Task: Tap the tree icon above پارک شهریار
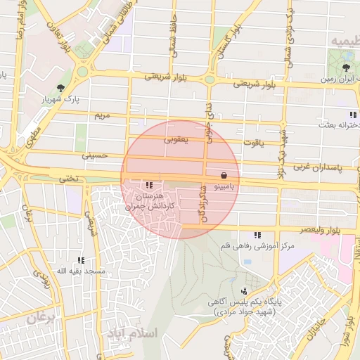(62, 88)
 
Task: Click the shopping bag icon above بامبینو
(224, 174)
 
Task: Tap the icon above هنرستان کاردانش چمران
(148, 185)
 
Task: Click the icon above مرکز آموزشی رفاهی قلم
(258, 235)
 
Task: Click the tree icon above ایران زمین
(346, 68)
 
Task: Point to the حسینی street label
(94, 154)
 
